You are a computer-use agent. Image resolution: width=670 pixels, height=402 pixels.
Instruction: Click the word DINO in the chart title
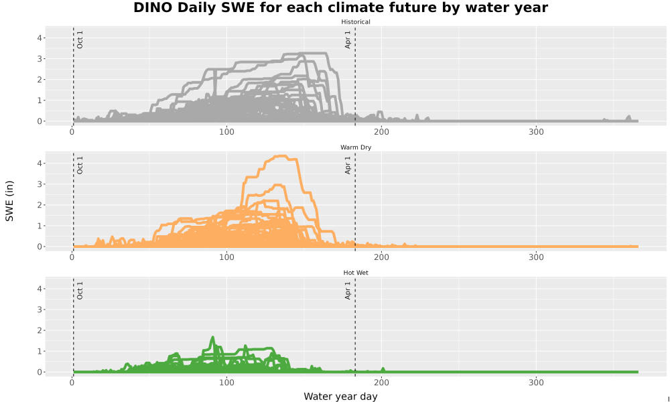[x=151, y=7]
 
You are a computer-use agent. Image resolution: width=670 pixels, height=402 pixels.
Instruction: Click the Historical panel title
[x=356, y=22]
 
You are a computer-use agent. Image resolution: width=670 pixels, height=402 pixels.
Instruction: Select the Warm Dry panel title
[x=356, y=147]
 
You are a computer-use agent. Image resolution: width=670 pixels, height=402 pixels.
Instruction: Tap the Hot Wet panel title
[x=356, y=273]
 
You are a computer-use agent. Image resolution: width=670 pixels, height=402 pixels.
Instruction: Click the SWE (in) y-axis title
[x=9, y=201]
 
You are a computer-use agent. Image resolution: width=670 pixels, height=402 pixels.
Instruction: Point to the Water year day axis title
[x=340, y=397]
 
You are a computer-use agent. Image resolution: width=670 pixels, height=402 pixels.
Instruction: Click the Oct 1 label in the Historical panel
[x=80, y=40]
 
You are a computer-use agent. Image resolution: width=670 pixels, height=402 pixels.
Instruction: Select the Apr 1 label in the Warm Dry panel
[x=348, y=165]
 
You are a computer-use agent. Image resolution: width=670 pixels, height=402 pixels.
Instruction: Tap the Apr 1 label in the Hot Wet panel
[x=348, y=291]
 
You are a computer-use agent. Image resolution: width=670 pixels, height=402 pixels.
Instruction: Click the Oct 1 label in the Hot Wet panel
[x=80, y=291]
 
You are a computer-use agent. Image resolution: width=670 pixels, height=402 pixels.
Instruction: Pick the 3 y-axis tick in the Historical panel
[x=40, y=59]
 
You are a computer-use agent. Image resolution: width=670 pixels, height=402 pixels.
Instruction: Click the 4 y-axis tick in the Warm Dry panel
[x=40, y=163]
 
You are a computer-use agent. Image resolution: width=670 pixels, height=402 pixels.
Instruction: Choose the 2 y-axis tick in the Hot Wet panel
[x=40, y=331]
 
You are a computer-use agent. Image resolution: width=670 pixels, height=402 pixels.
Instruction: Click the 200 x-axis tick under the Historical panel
[x=381, y=132]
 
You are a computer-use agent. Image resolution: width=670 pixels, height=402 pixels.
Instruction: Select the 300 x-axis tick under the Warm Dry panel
[x=536, y=257]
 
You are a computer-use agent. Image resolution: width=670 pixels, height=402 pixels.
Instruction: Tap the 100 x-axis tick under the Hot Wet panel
[x=226, y=383]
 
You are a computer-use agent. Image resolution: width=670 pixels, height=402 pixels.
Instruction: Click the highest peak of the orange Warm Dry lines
[x=281, y=156]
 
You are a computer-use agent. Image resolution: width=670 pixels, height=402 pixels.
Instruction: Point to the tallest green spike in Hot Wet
[x=212, y=338]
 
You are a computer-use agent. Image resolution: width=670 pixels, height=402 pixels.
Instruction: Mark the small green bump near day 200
[x=383, y=368]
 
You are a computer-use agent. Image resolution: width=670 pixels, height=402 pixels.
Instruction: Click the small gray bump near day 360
[x=628, y=117]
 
